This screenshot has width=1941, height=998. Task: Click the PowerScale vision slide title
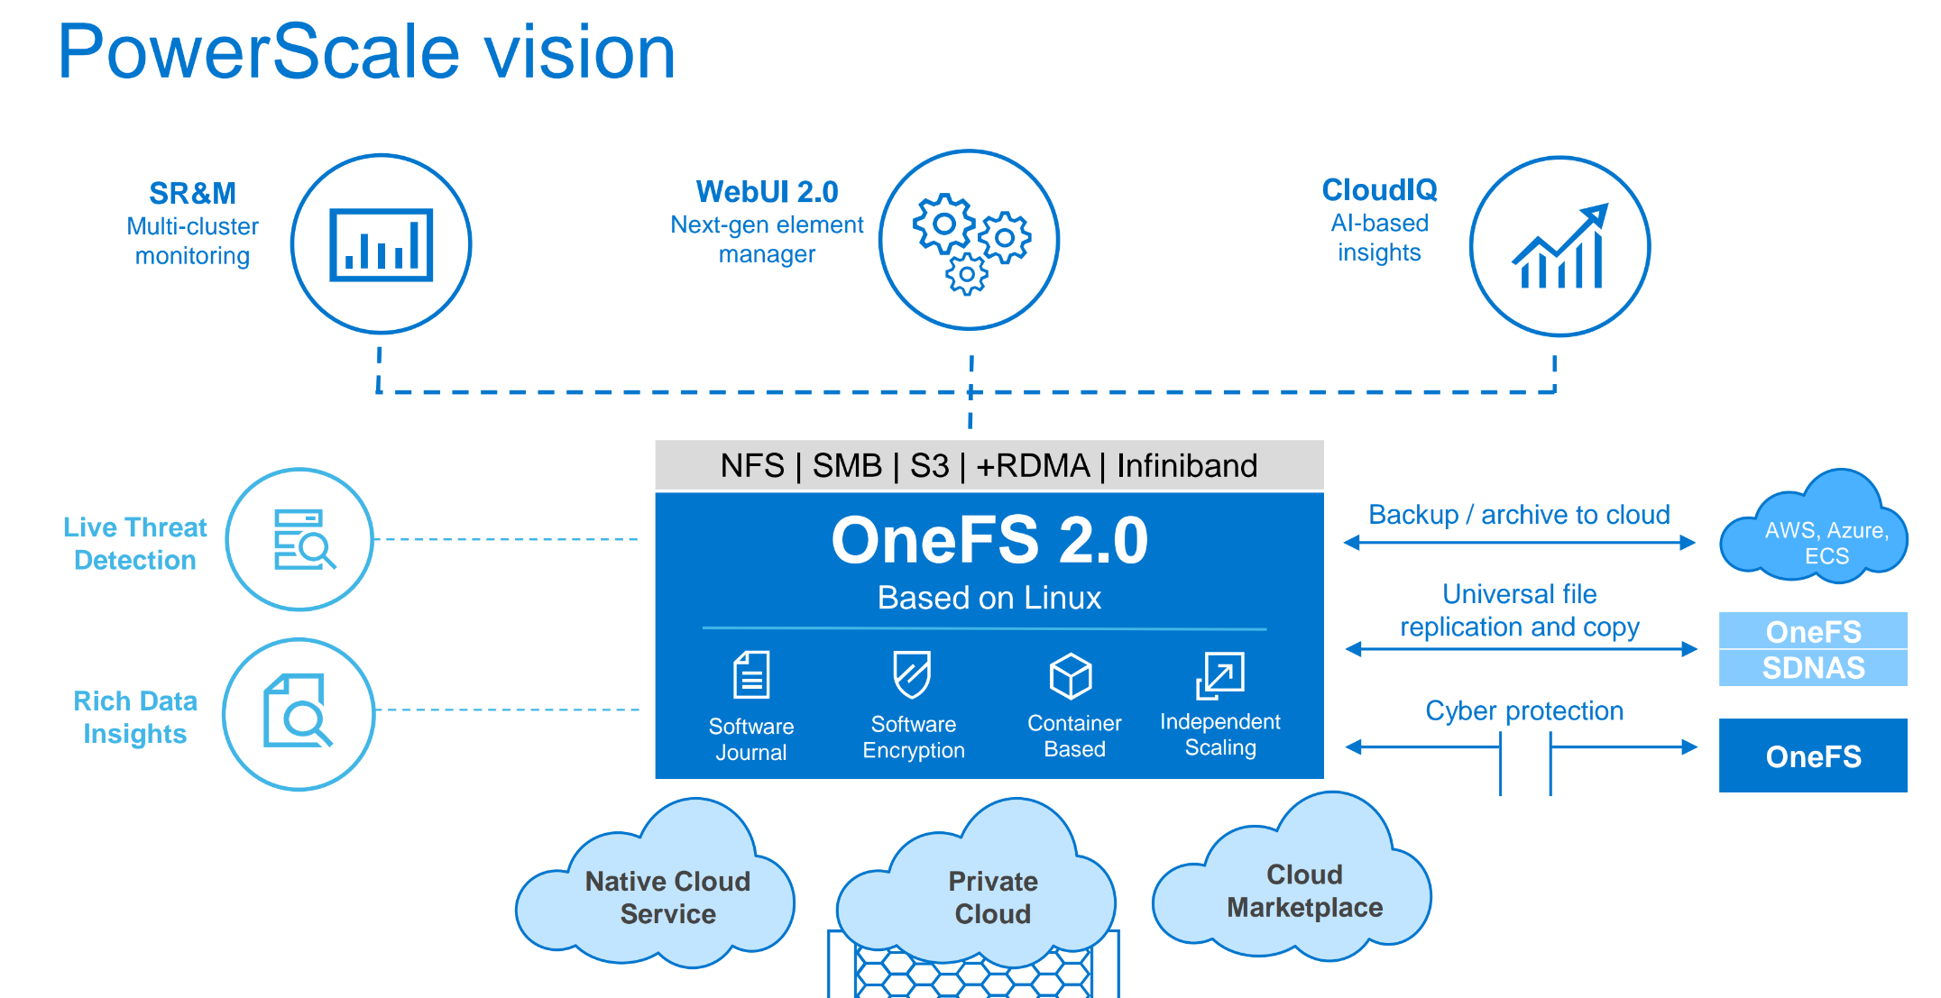click(x=366, y=52)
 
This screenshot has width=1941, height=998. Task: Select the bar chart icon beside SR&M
click(x=381, y=244)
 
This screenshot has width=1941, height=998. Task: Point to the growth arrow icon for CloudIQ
click(x=1559, y=247)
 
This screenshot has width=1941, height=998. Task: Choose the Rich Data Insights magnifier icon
click(x=299, y=713)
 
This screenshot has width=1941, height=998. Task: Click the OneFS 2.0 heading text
click(x=989, y=541)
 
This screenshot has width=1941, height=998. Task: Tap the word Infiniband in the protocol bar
click(x=1187, y=466)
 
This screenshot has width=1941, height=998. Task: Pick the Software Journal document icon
click(x=751, y=675)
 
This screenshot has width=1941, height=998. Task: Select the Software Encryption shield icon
click(x=912, y=674)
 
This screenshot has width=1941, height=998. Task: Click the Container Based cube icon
click(x=1072, y=676)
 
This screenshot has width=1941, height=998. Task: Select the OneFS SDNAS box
click(x=1813, y=649)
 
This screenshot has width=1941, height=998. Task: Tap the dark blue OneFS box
click(x=1813, y=755)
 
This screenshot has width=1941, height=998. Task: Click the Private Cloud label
click(x=992, y=897)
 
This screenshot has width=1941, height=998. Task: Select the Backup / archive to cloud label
click(x=1519, y=515)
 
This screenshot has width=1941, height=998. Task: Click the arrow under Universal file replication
click(x=1521, y=649)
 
